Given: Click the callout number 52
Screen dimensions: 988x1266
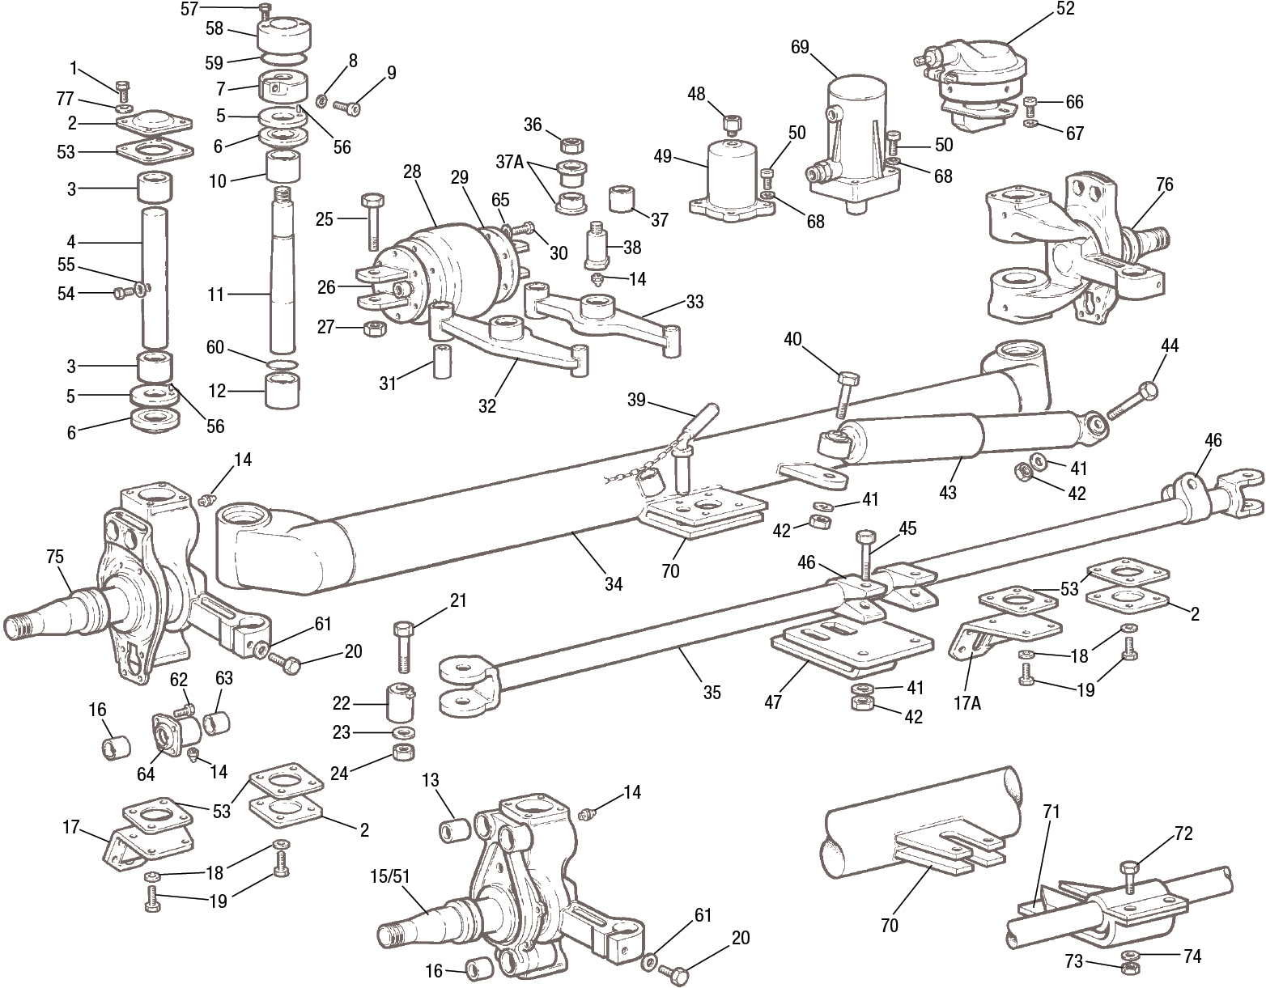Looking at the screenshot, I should coord(1064,9).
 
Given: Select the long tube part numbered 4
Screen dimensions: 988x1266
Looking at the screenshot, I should coord(155,275).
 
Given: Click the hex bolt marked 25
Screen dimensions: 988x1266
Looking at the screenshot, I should coord(374,222).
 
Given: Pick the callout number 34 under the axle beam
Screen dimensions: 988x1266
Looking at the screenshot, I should coord(614,583).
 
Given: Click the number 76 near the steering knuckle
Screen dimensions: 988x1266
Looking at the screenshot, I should coord(1164,184).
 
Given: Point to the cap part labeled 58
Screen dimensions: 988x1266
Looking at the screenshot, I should coord(279,36).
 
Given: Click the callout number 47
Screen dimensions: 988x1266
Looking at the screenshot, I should coord(773,702).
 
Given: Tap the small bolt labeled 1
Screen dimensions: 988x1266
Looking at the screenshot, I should coord(123,89).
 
